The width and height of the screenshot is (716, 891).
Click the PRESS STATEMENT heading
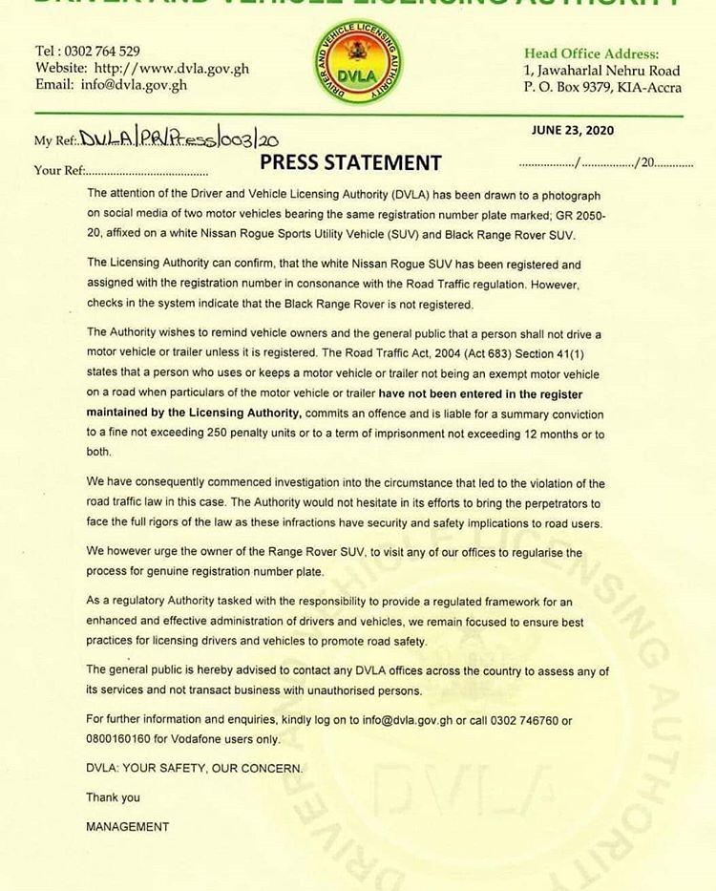(x=350, y=161)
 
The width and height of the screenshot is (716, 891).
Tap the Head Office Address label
(x=591, y=54)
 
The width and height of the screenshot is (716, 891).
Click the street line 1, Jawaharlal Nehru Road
(x=601, y=71)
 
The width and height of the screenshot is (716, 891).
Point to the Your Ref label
(x=59, y=171)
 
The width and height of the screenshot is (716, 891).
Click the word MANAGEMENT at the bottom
(x=127, y=826)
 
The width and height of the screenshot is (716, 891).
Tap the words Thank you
(x=113, y=797)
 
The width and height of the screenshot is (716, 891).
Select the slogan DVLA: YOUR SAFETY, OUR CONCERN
(x=194, y=768)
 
